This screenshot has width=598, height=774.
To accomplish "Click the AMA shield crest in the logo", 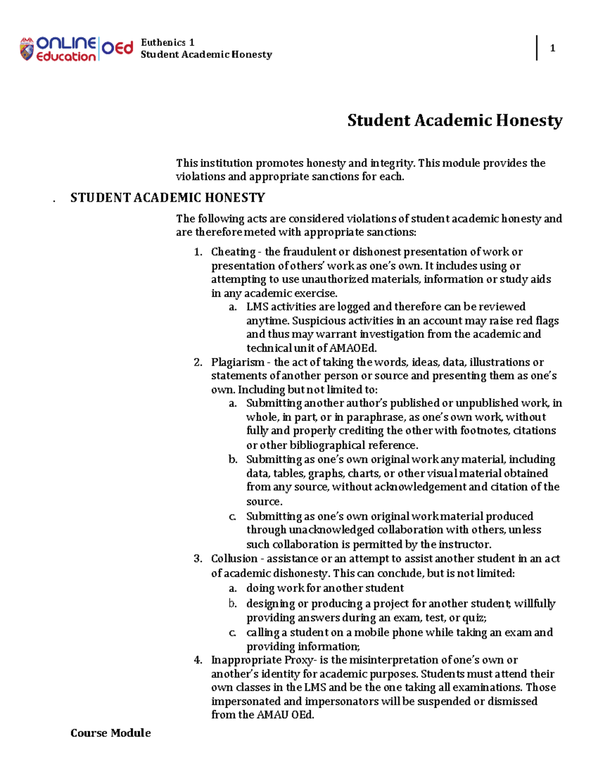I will (x=27, y=49).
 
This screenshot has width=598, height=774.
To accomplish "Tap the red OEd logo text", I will (x=118, y=48).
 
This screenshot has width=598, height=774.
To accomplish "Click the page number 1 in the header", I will (x=552, y=48).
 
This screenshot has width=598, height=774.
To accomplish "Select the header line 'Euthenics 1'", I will (x=167, y=42).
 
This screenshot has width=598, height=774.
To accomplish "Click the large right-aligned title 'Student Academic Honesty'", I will (x=454, y=121).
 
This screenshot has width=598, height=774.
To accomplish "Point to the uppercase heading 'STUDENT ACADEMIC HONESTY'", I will (x=167, y=198).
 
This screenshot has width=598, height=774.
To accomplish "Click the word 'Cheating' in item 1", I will (x=233, y=252).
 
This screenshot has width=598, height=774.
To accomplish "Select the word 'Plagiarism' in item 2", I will (x=238, y=362).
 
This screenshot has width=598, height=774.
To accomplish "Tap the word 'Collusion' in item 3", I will (x=234, y=559).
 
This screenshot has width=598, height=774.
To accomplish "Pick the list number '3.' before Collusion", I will (x=198, y=559).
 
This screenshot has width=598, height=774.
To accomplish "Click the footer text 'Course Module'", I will (x=111, y=733).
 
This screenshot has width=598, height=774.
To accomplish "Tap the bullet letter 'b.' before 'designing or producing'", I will (x=233, y=604).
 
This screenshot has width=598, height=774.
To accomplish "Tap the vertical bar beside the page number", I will (x=537, y=48).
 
